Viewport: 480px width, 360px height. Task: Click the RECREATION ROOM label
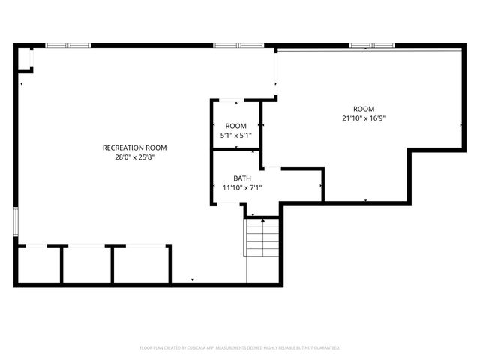coord(134,148)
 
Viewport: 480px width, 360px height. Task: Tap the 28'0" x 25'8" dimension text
coord(134,157)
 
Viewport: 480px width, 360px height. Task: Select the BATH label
coord(241,178)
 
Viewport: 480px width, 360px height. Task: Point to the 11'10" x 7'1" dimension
coord(241,187)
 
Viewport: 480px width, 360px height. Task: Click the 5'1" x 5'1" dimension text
coord(235,135)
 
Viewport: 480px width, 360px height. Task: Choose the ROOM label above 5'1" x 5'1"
coord(235,125)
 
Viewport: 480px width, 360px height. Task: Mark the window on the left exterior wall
coord(16,222)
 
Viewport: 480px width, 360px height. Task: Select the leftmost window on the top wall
coord(68,46)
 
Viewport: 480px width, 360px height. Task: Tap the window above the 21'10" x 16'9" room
coord(371,46)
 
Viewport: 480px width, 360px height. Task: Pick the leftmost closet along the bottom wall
coord(39,264)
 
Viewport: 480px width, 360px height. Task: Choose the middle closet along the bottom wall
coord(88,264)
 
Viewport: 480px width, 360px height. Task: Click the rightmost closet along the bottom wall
coord(142,264)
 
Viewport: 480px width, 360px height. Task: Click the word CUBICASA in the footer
coord(193,348)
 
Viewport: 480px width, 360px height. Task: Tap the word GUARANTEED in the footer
coord(325,348)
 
